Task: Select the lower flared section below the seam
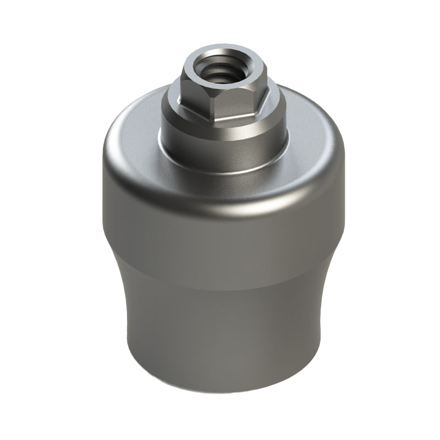[220, 330]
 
